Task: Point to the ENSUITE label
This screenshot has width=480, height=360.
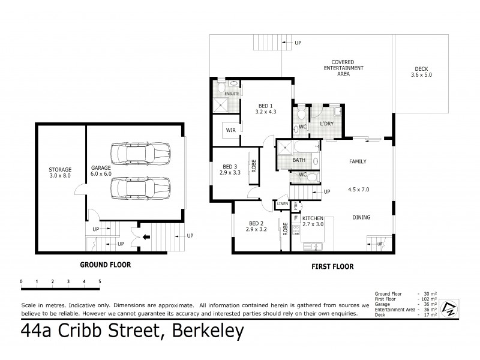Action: [x=232, y=94]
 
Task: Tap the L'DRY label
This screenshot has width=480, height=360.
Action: [x=327, y=124]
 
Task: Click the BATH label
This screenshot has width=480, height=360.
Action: [x=298, y=160]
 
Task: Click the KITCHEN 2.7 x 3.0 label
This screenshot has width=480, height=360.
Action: [x=313, y=221]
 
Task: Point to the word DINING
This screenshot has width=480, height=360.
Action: [x=361, y=217]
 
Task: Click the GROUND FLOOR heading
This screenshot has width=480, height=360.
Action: [x=106, y=264]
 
